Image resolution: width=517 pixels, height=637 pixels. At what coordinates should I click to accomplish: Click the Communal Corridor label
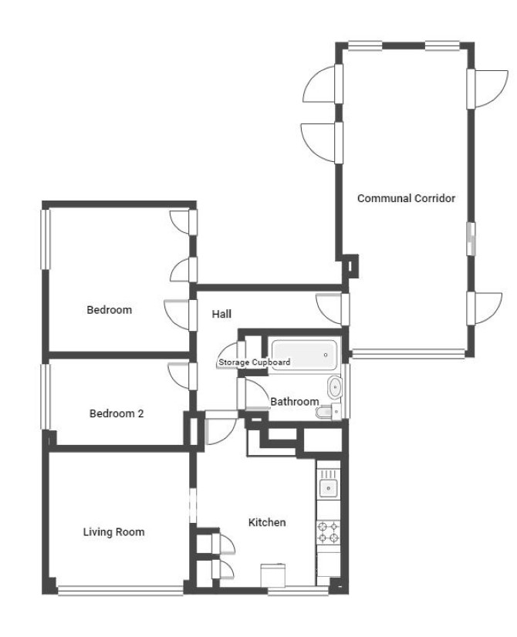[406, 198]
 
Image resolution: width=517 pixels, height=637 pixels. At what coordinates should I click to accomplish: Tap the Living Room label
[113, 532]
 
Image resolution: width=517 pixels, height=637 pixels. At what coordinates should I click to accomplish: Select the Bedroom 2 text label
[117, 413]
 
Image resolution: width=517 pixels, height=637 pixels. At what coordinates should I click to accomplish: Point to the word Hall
[222, 314]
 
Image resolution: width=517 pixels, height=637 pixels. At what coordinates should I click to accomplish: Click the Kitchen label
[267, 522]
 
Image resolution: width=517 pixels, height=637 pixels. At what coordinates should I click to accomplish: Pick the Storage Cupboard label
[255, 362]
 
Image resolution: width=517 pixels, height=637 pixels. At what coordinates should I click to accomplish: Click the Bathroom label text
[295, 401]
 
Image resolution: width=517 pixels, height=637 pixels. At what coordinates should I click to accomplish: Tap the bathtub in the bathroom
[305, 355]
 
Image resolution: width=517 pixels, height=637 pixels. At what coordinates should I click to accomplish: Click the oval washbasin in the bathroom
[335, 388]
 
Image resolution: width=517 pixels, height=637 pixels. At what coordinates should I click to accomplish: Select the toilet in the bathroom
[329, 412]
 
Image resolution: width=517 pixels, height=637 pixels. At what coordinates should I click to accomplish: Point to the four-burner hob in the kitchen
[329, 532]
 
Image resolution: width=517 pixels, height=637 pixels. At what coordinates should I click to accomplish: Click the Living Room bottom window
[120, 591]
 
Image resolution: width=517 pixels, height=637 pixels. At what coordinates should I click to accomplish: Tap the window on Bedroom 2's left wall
[45, 396]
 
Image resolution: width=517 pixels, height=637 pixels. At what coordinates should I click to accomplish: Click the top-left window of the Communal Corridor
[366, 46]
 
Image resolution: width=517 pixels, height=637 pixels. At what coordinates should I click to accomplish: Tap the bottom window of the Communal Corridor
[408, 353]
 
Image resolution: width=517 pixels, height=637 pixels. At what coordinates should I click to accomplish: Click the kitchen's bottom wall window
[298, 591]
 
